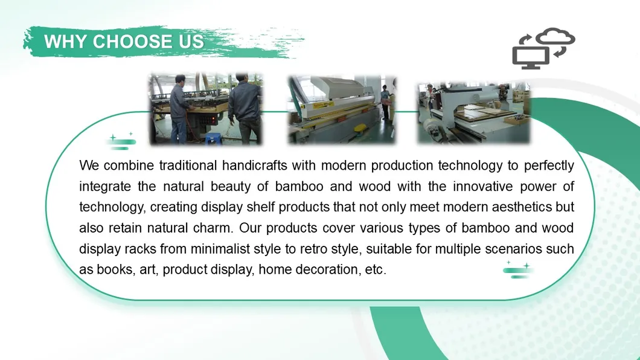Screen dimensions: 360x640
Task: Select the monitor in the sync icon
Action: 530,57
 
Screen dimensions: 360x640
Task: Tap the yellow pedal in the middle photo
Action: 360,129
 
